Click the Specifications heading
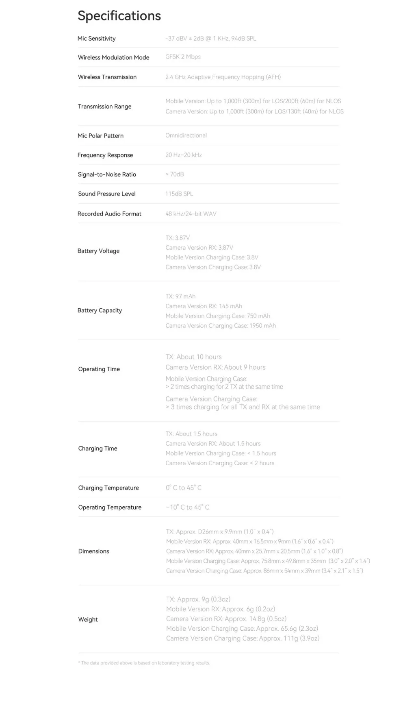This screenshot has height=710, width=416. coord(119,16)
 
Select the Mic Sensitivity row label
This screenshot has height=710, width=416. coord(96,39)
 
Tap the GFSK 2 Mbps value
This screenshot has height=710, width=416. coord(183,57)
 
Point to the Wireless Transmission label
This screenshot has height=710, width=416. coord(107,77)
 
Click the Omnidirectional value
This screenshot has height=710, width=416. coord(186,135)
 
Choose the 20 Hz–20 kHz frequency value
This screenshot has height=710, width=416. coord(184,155)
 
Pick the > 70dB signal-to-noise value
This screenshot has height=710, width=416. coord(175,174)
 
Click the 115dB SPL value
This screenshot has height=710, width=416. coord(179,194)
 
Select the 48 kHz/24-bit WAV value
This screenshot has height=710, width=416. coord(191,214)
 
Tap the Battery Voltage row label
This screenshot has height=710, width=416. coord(98,251)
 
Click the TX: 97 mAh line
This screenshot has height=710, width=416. coord(180,296)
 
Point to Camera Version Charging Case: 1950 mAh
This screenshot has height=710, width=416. coord(221,326)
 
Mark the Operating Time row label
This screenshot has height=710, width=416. coord(99,369)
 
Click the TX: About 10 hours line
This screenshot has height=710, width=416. coord(193,357)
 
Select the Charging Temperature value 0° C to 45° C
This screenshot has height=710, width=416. coord(184,488)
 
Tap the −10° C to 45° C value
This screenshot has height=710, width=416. coord(188,507)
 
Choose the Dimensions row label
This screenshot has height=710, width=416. coord(94,551)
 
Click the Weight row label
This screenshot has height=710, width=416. coord(88,620)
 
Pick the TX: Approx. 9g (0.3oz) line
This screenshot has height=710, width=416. coord(198,599)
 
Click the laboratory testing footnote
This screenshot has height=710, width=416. coord(144,663)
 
